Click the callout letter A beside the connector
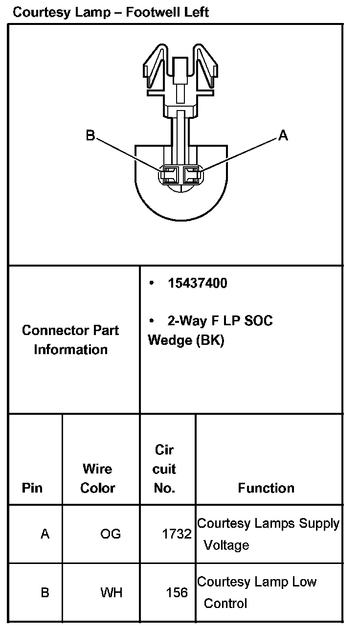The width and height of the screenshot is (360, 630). (x=283, y=135)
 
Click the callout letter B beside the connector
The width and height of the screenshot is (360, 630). (x=90, y=135)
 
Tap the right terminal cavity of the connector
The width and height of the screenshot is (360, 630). (x=191, y=174)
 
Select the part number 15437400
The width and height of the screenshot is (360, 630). (x=197, y=283)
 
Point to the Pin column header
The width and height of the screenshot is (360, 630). (x=32, y=488)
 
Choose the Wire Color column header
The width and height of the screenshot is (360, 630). (x=98, y=478)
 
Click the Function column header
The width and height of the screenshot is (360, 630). (x=266, y=488)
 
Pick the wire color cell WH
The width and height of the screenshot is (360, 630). (x=111, y=593)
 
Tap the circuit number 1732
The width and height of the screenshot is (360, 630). (x=177, y=534)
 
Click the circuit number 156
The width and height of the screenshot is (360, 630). (x=177, y=593)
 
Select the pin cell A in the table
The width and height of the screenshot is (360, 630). (x=45, y=534)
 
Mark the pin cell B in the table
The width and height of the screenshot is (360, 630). (x=45, y=593)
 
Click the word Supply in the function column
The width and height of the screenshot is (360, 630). (x=319, y=524)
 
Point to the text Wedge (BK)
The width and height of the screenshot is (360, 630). (x=186, y=340)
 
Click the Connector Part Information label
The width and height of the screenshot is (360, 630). (x=70, y=340)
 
